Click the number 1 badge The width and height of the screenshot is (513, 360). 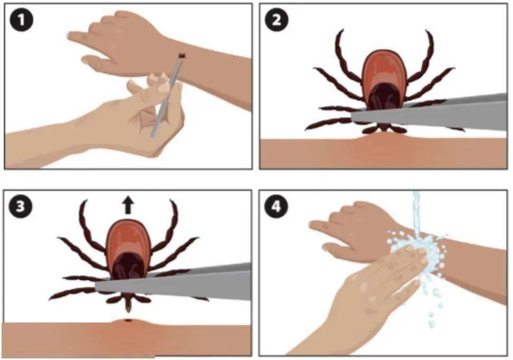21,20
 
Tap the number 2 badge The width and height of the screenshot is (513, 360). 277,20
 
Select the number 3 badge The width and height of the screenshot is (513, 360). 21,207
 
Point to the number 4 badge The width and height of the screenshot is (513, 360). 277,207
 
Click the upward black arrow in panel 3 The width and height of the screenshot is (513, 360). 128,205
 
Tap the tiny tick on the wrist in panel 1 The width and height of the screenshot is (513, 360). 182,56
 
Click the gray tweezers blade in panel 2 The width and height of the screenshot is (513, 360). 429,113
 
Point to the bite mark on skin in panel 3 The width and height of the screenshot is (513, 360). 128,320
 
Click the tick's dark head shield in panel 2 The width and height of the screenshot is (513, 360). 384,96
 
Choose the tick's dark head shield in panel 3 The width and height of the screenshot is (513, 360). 128,266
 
